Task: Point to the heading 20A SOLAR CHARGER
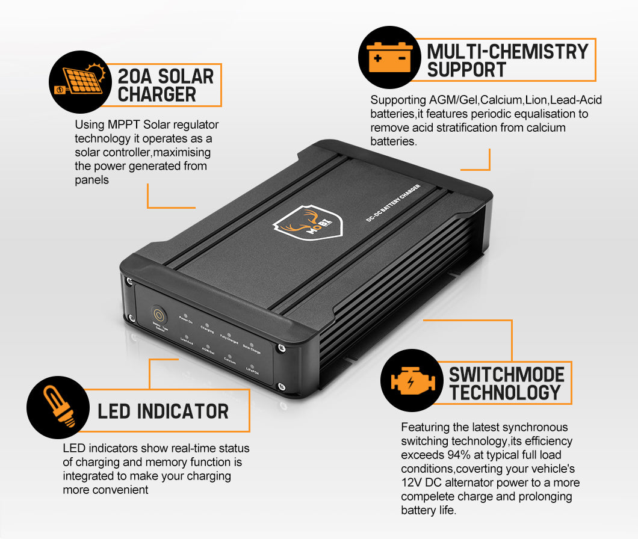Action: (166, 85)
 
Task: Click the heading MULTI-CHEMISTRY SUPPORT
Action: (507, 60)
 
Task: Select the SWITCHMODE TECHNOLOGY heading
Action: (506, 383)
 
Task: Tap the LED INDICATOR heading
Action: (163, 411)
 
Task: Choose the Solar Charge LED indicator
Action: (252, 340)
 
